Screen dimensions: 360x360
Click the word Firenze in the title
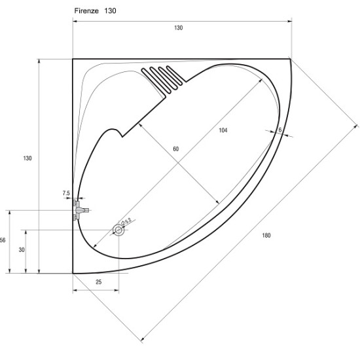(x=86, y=10)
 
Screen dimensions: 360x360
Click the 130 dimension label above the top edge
(x=179, y=27)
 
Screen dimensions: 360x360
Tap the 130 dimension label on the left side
(x=27, y=158)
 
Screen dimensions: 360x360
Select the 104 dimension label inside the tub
(x=223, y=130)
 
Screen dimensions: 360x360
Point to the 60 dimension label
(x=175, y=149)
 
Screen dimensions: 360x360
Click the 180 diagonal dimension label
(x=266, y=236)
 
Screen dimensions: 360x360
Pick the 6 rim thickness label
(x=280, y=130)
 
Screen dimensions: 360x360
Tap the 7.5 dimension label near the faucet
(x=66, y=193)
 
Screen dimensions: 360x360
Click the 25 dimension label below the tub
(x=98, y=282)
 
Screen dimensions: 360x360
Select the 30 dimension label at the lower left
(x=22, y=250)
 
